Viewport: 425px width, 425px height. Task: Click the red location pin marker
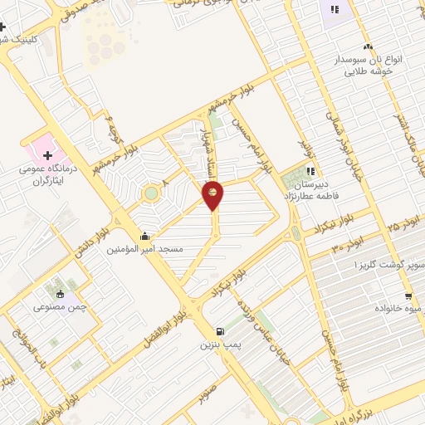pos(212,196)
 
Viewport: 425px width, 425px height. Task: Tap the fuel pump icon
pos(218,331)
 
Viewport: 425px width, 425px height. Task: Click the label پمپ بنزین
pos(218,344)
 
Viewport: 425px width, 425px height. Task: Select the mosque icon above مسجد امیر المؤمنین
pos(146,236)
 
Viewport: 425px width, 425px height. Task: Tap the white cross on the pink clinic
pos(47,154)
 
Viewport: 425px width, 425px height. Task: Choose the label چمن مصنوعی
pos(61,306)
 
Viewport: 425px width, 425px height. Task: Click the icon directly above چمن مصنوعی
pos(60,293)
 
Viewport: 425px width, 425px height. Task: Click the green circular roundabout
pos(150,194)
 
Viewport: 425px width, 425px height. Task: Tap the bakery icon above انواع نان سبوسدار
pos(368,46)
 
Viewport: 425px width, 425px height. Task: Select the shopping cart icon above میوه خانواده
pos(408,296)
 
